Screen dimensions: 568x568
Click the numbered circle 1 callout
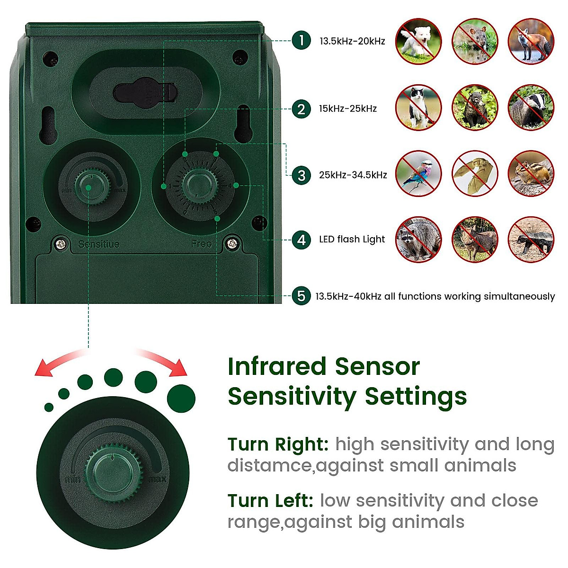point(301,40)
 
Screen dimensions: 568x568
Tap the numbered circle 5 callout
point(301,296)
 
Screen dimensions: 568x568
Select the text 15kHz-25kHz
point(348,109)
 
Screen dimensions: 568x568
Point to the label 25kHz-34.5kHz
point(353,175)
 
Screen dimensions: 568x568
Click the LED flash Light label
point(352,240)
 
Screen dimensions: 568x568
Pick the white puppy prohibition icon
point(418,41)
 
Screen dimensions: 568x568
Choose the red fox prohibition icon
point(531,41)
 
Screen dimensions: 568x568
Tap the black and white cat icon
point(418,108)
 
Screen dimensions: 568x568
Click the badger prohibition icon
point(531,108)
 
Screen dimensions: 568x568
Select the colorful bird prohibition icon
point(418,174)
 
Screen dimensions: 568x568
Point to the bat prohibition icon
point(474,174)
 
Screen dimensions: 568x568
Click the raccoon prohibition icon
point(418,240)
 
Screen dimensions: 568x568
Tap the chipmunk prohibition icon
point(531,174)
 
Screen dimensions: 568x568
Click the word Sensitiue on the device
point(99,244)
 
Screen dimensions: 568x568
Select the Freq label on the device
point(201,244)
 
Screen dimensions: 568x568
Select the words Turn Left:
point(270,500)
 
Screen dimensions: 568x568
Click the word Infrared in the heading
point(277,367)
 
